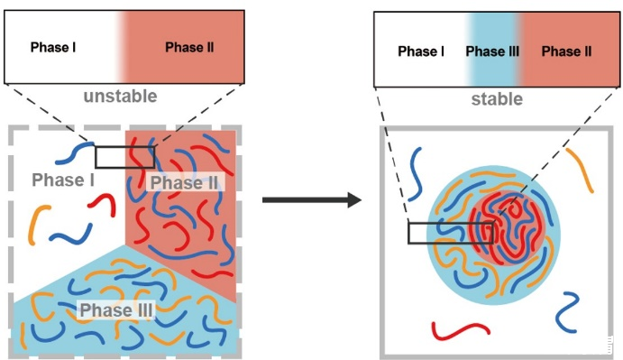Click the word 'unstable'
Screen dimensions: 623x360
[x=121, y=97]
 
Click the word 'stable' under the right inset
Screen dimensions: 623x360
[x=497, y=99]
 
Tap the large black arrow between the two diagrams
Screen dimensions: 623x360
[x=312, y=199]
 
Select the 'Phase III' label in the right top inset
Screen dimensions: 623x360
[x=492, y=51]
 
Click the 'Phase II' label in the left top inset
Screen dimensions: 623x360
[x=189, y=47]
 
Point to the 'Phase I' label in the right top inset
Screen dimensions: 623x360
[x=421, y=51]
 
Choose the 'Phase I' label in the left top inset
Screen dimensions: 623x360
[x=53, y=47]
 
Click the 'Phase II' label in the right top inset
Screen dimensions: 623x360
[x=566, y=51]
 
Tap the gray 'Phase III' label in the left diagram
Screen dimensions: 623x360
[x=116, y=309]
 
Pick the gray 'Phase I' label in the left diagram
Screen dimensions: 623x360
[x=63, y=180]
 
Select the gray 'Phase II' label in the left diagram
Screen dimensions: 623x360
[x=184, y=182]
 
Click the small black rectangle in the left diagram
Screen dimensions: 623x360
[x=124, y=157]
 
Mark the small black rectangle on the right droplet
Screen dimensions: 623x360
[x=451, y=233]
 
